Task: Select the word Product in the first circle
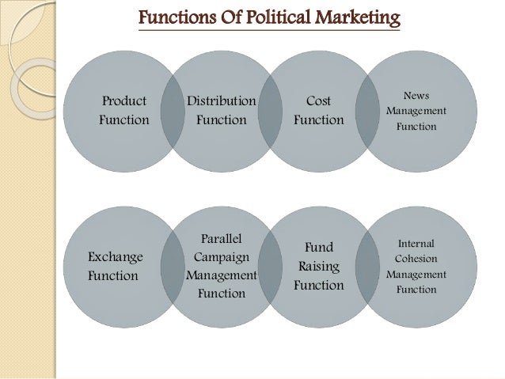pyautogui.click(x=123, y=101)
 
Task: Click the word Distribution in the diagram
pyautogui.click(x=222, y=101)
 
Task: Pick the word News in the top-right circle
pyautogui.click(x=416, y=96)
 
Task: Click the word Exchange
pyautogui.click(x=116, y=257)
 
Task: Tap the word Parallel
pyautogui.click(x=222, y=239)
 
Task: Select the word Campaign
pyautogui.click(x=222, y=257)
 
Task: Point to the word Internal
pyautogui.click(x=416, y=244)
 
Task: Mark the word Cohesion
pyautogui.click(x=416, y=259)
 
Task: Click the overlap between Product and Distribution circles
pyautogui.click(x=173, y=110)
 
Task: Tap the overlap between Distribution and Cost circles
pyautogui.click(x=270, y=110)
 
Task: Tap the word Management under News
pyautogui.click(x=416, y=111)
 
